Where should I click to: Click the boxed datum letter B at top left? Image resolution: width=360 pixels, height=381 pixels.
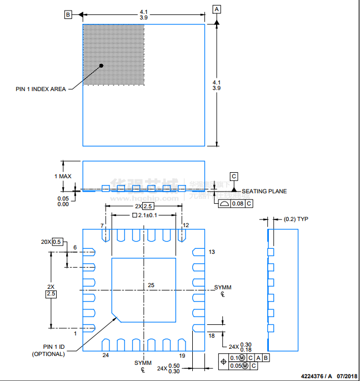68,15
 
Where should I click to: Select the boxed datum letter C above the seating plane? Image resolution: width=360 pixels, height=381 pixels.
234,176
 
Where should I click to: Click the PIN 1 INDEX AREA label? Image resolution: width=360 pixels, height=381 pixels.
41,89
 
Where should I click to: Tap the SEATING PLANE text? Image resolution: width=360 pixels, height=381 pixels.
264,191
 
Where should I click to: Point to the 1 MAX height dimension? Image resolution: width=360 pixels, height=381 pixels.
63,176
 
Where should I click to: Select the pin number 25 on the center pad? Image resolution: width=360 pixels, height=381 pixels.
151,285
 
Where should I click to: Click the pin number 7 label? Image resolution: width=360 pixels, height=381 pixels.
102,225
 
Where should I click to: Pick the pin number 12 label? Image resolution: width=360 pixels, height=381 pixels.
186,225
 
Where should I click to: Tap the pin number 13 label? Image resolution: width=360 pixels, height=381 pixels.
211,252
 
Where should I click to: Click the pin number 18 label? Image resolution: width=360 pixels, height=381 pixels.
211,335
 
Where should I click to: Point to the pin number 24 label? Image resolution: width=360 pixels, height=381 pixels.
105,355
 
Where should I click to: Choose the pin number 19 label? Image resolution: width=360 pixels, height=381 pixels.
181,355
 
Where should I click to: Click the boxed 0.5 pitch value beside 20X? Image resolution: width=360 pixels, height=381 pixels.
57,242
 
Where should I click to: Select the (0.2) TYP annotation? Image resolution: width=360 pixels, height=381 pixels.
296,219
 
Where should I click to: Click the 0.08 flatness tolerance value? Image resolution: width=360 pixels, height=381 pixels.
238,204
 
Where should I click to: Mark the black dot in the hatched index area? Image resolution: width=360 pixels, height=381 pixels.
102,66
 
